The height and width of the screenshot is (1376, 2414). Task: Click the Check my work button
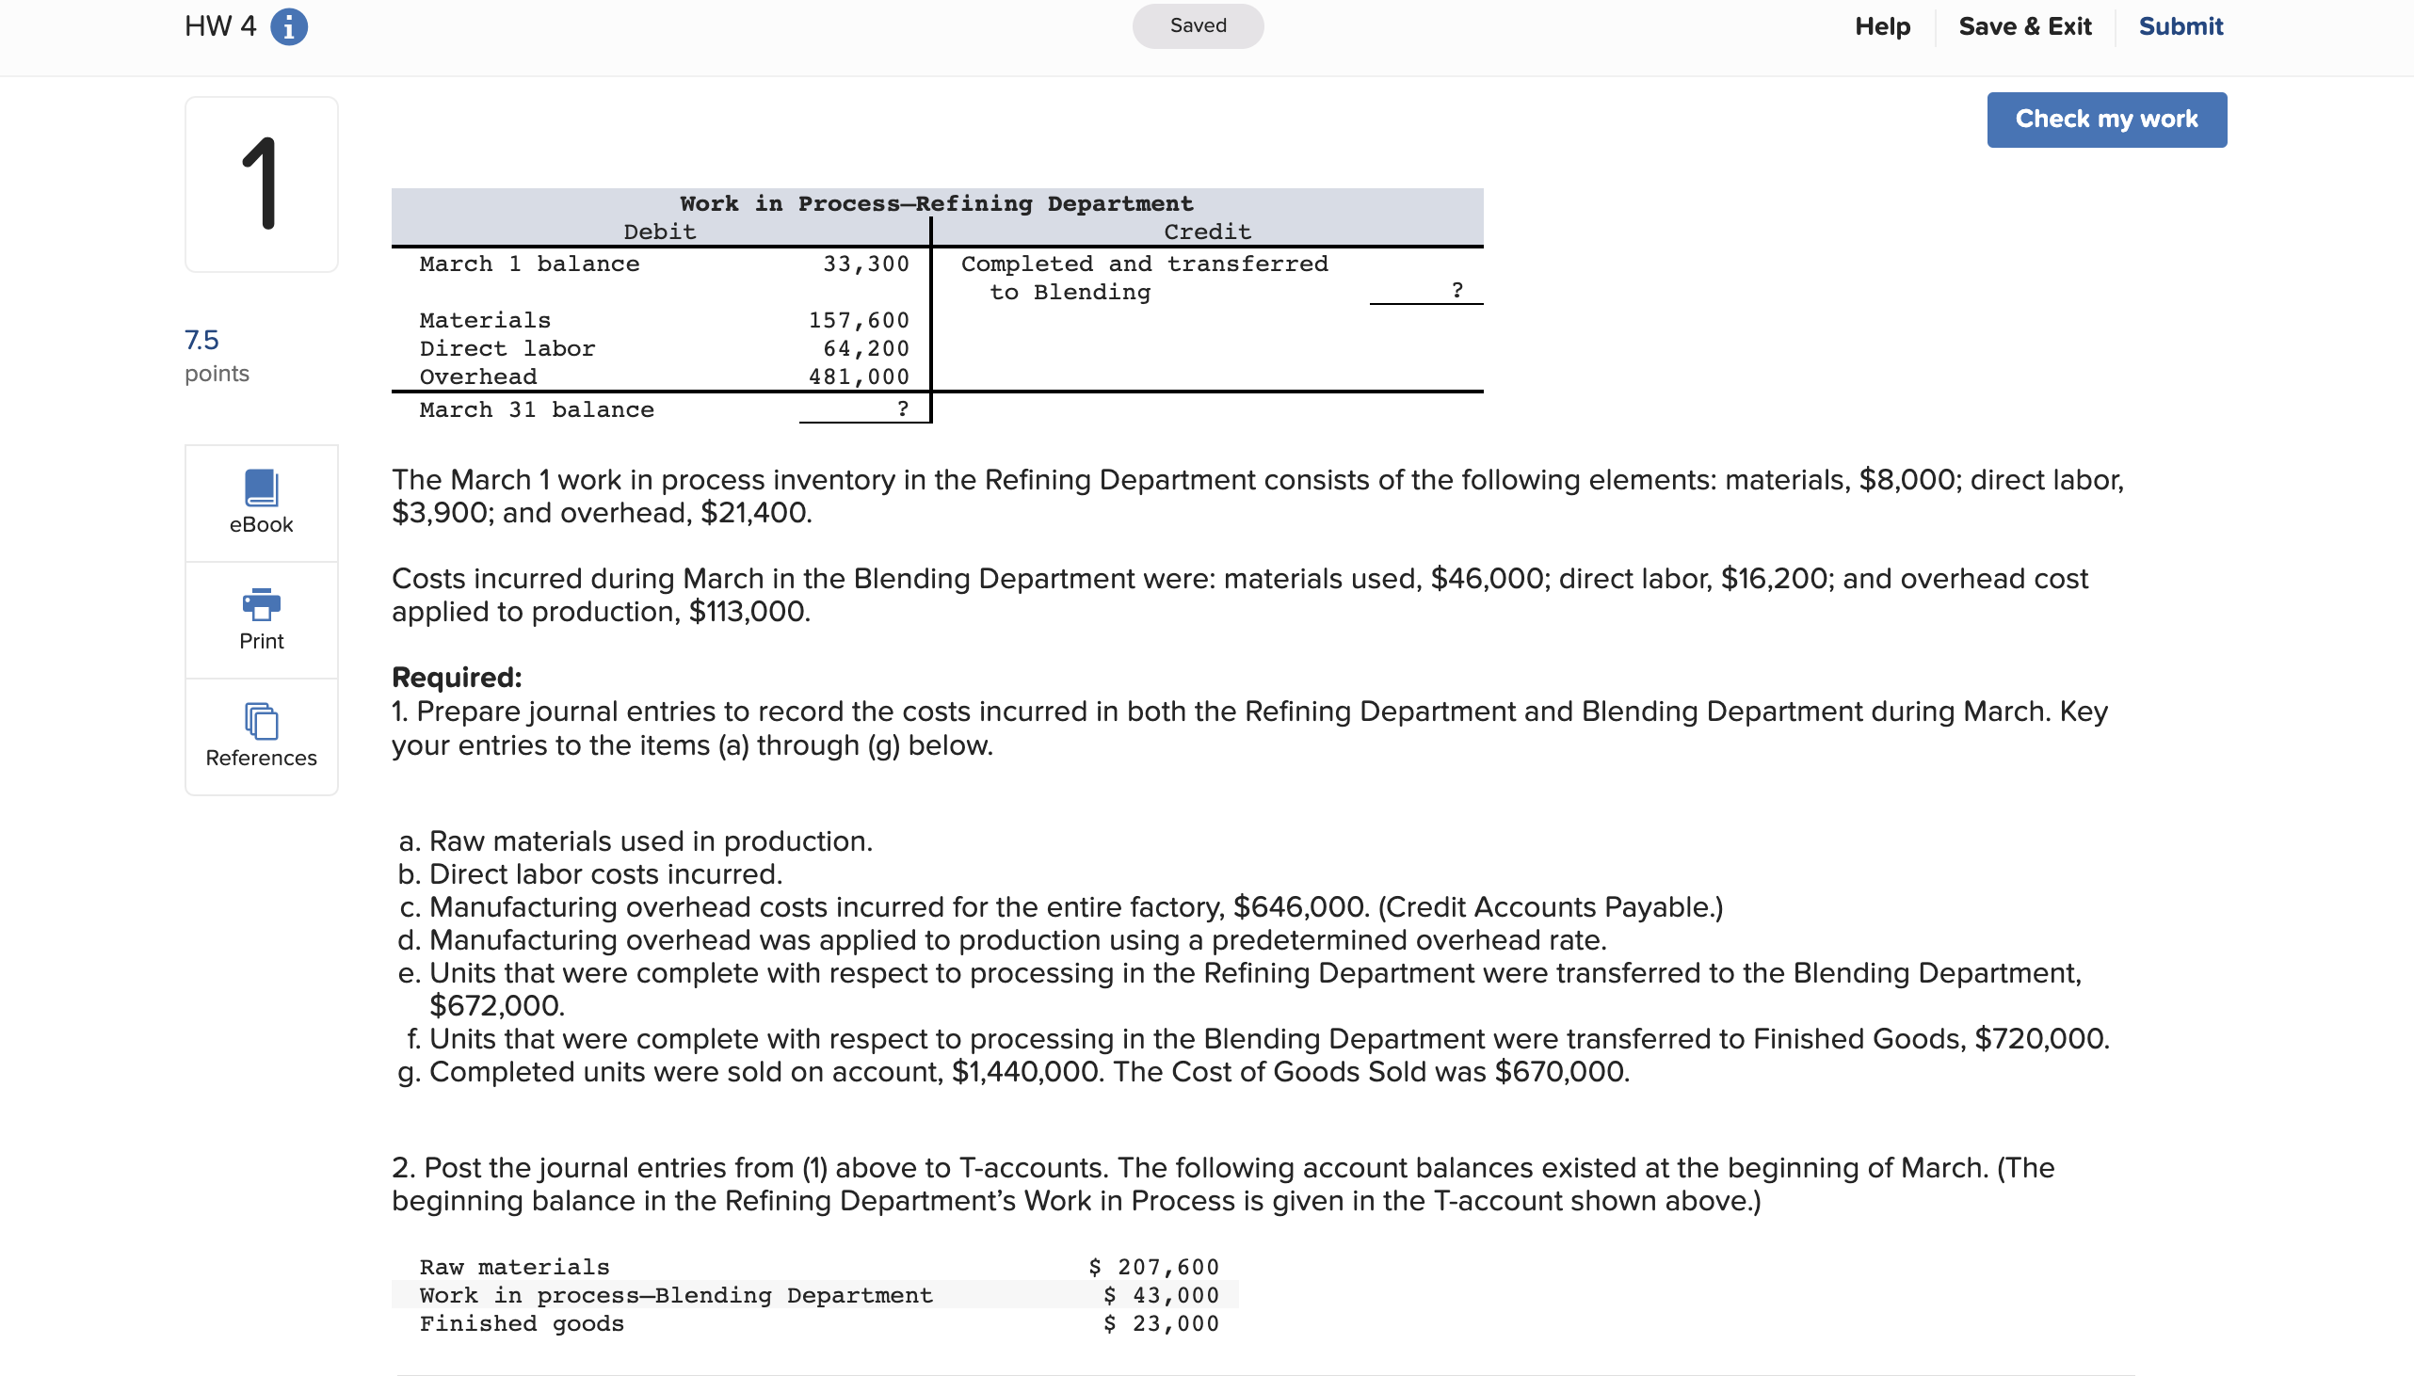2106,120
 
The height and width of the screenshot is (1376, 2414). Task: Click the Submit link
2180,26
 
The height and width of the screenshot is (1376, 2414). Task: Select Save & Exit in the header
2024,26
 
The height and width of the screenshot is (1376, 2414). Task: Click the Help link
1882,26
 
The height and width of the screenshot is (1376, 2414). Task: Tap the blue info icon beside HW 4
288,26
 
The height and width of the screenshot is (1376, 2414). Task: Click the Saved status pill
1198,25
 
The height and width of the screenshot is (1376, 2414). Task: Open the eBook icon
261,488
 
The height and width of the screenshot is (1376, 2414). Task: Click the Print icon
261,605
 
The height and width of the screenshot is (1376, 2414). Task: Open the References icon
261,722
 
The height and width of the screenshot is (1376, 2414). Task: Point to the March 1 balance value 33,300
865,264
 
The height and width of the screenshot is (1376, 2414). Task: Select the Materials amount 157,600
859,320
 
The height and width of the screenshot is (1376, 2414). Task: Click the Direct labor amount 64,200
865,349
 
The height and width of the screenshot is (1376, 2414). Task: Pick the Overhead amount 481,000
859,377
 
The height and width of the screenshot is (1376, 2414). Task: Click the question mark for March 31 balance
902,409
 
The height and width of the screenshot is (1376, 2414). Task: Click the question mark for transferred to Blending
1456,291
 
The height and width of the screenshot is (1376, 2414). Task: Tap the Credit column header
1207,232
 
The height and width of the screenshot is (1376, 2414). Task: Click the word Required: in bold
457,678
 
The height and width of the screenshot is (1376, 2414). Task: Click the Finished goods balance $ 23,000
1161,1324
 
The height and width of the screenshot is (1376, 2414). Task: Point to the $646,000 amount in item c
1300,907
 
